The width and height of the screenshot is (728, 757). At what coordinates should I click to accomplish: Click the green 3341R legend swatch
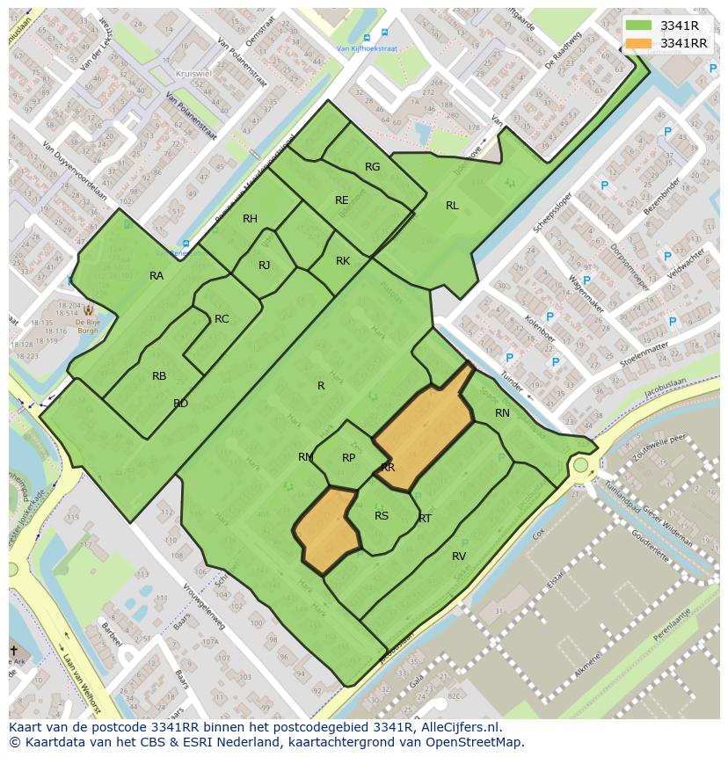(x=638, y=26)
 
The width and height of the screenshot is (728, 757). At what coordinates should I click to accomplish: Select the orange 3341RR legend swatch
(x=638, y=43)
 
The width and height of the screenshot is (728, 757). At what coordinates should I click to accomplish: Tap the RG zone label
(x=373, y=167)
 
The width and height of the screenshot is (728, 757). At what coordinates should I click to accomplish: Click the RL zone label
(x=452, y=206)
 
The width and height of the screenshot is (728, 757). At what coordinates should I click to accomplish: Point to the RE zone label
(x=342, y=200)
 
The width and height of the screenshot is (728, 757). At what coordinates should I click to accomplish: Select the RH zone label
(x=251, y=219)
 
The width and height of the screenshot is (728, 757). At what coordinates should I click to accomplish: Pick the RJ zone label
(x=265, y=266)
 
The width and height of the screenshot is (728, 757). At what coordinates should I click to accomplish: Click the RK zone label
(x=343, y=261)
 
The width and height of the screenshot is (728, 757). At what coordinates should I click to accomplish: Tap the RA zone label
(x=157, y=276)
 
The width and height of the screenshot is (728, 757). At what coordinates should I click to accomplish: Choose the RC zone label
(x=222, y=319)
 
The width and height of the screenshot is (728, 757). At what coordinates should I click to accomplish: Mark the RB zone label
(x=159, y=376)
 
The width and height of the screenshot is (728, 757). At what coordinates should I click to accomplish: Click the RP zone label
(x=349, y=458)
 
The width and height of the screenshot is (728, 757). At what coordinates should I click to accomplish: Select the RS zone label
(x=382, y=516)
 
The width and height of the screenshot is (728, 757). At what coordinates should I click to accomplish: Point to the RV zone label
(x=459, y=557)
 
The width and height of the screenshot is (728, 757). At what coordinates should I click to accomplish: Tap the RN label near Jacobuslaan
(x=502, y=413)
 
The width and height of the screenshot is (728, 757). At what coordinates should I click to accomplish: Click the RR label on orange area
(x=388, y=468)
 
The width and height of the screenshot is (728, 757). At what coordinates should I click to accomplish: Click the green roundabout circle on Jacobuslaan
(x=580, y=464)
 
